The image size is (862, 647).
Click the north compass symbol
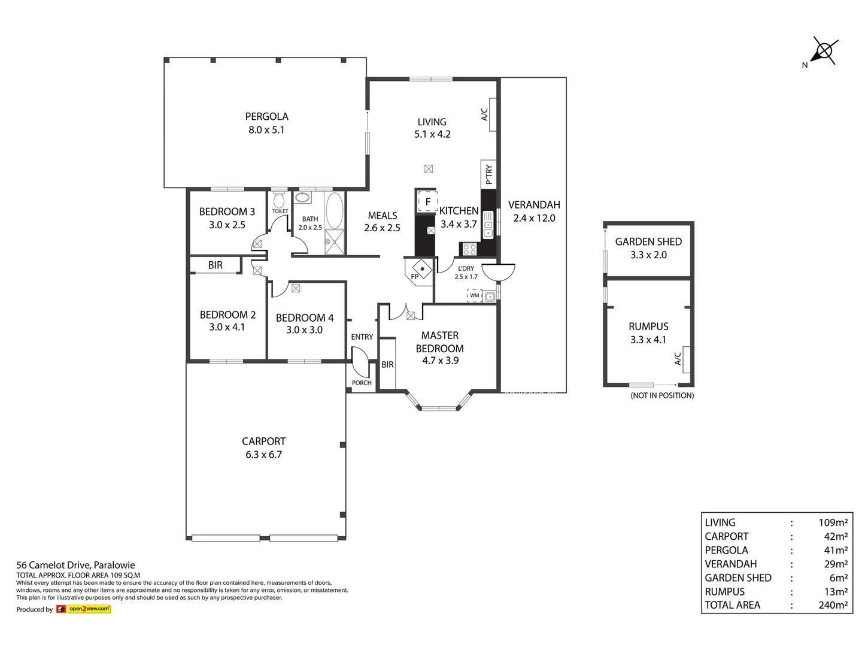[824, 52]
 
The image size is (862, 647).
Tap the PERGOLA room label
[266, 117]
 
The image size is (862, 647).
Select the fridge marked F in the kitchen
[427, 201]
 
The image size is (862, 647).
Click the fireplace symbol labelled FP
[422, 269]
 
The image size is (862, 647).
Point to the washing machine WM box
[475, 295]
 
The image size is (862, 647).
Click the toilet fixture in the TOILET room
[279, 199]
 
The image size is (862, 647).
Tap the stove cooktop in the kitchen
[469, 249]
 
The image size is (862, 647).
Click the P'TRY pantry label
[489, 174]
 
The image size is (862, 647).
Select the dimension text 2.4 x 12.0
[534, 218]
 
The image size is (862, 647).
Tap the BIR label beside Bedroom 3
[215, 265]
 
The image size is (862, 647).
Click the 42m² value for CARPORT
[836, 536]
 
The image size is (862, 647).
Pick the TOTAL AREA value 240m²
[833, 605]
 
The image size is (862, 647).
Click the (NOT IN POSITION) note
[662, 395]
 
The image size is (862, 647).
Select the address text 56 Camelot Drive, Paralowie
[76, 565]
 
